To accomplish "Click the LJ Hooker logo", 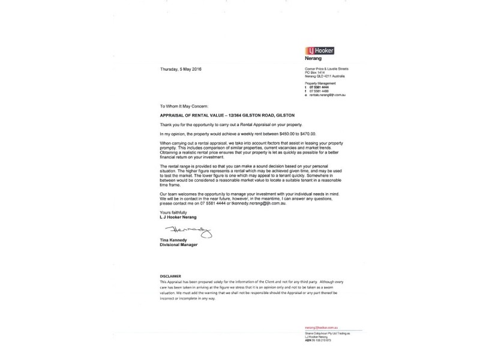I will tap(320, 51).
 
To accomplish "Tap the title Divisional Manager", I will tap(179, 245).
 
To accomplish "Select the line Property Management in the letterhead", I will tap(319, 83).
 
